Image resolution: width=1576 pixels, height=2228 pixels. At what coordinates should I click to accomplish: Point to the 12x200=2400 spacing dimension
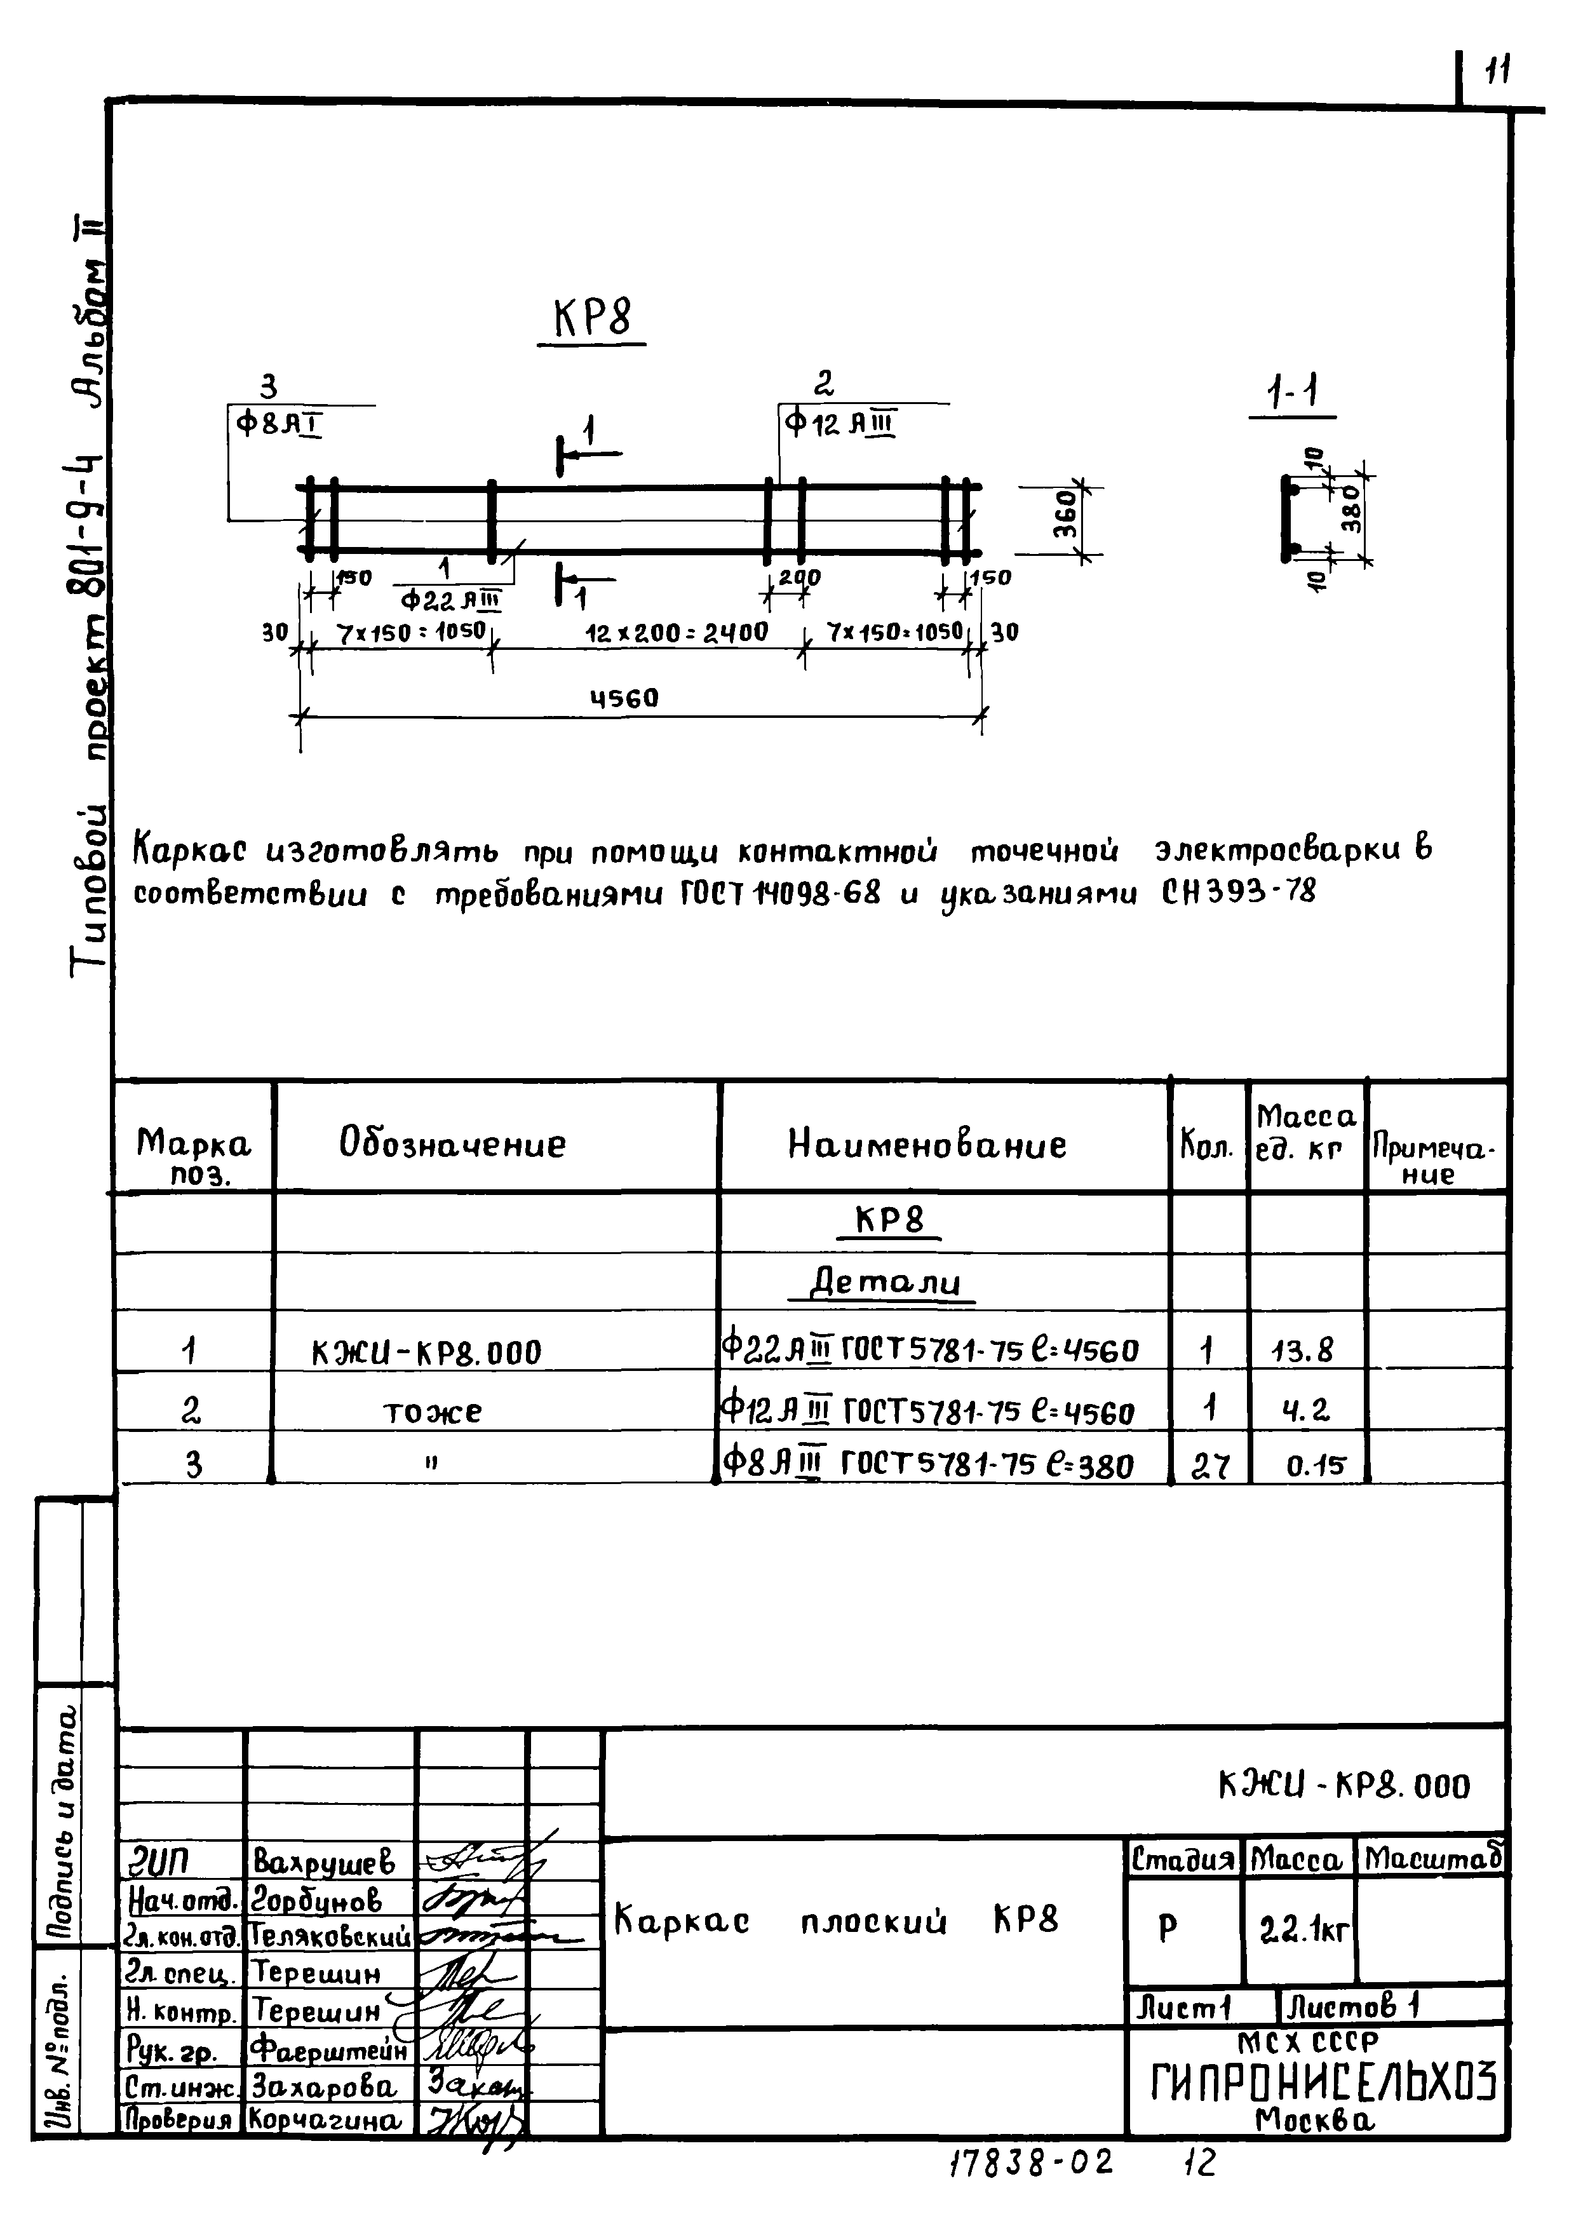[677, 633]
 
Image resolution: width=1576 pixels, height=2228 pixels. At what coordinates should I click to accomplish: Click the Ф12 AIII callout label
[840, 424]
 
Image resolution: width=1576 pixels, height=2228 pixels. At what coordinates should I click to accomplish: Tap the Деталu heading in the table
[885, 1283]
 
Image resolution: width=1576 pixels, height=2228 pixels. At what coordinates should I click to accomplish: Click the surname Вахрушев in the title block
[324, 1860]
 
